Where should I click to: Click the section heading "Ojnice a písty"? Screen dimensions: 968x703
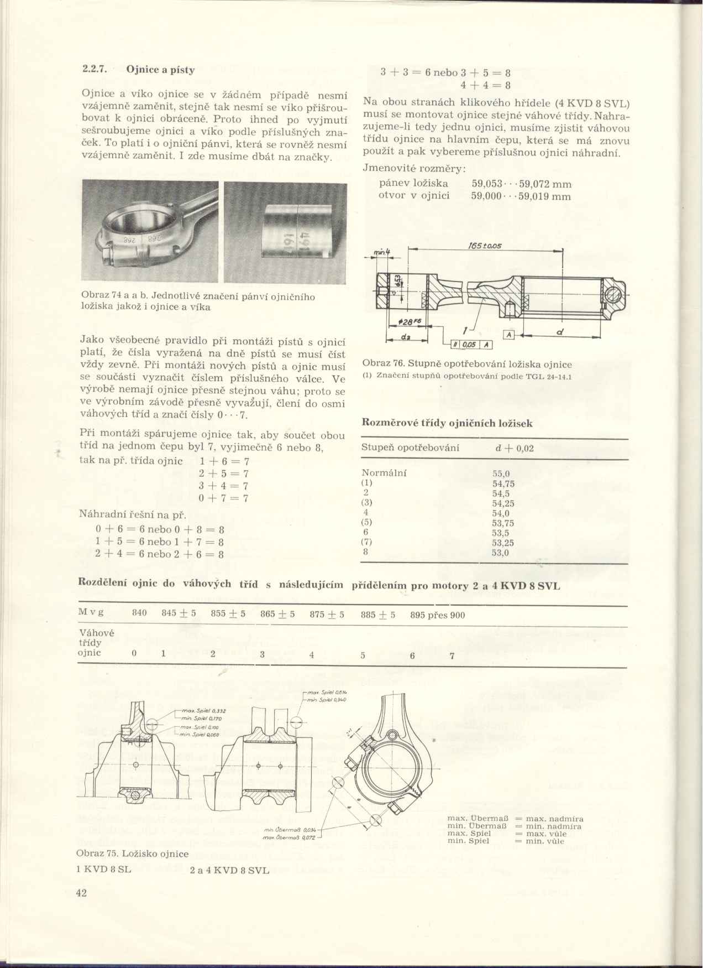[160, 70]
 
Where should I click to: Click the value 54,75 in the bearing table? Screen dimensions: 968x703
[503, 483]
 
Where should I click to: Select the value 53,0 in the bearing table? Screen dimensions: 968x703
[501, 553]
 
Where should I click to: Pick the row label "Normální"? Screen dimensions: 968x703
[384, 473]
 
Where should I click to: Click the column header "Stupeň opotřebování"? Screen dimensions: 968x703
[410, 447]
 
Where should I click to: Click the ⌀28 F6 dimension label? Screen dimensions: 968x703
[410, 322]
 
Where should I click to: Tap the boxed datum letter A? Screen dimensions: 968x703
[508, 335]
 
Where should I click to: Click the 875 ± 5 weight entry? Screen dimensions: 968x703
[326, 615]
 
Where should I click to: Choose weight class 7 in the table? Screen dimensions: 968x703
[452, 656]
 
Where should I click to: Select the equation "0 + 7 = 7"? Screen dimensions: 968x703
[223, 498]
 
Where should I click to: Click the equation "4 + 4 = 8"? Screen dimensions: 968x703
[485, 85]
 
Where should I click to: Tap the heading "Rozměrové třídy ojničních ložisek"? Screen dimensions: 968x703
[447, 423]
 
